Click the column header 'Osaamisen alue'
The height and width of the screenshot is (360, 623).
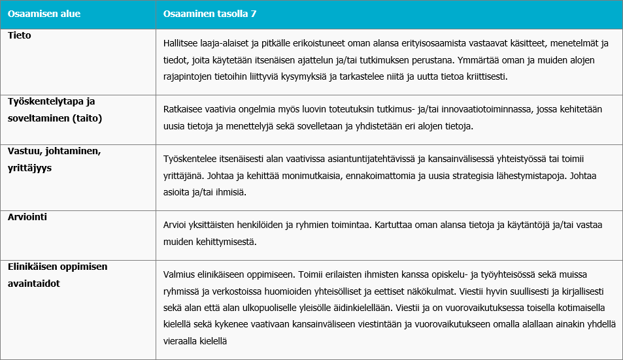[39, 14]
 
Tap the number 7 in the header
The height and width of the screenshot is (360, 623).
[264, 14]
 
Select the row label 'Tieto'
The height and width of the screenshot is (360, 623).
[20, 36]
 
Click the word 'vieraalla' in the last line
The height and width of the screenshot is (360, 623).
[184, 340]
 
